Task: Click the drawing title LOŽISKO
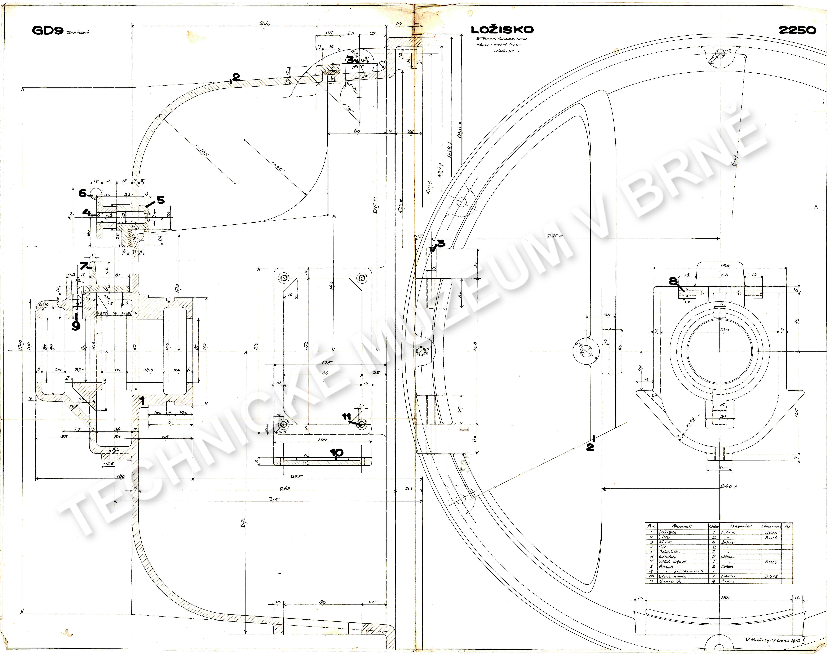tap(502, 30)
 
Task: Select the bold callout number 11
tap(346, 416)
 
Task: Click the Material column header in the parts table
tap(740, 526)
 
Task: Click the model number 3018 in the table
tap(771, 576)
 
